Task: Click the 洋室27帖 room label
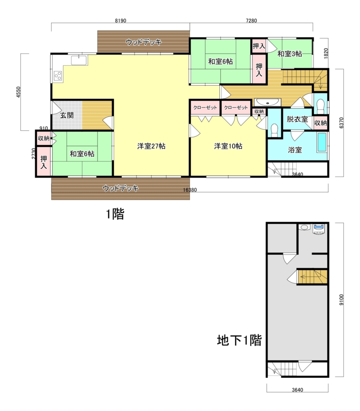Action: (151, 146)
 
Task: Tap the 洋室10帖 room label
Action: (228, 146)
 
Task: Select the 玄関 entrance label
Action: (66, 115)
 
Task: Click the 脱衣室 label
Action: (297, 119)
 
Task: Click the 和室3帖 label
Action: (289, 54)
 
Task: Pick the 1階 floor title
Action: (115, 214)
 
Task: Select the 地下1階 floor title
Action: (239, 340)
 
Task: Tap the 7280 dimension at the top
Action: (252, 21)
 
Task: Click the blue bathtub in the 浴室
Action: (322, 143)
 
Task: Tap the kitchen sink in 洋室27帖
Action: (79, 60)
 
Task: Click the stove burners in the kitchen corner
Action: (58, 76)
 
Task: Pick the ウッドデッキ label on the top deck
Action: (144, 42)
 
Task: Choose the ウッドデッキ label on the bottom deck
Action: (121, 188)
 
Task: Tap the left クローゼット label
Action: (205, 108)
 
